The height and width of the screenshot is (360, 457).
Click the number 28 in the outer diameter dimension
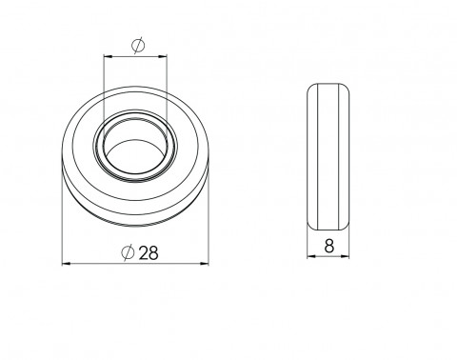(x=149, y=253)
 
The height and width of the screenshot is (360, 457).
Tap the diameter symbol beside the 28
(x=129, y=252)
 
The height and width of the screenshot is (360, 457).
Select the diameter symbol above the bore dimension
(x=138, y=46)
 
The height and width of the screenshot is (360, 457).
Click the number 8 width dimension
(x=329, y=246)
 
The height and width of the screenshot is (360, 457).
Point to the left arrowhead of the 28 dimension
(x=67, y=264)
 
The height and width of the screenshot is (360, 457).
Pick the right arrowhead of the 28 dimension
(x=205, y=264)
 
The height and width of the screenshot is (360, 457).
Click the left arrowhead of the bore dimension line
(x=109, y=57)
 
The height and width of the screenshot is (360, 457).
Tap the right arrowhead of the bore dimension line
(x=163, y=57)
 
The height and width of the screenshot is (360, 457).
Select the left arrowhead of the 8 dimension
(x=311, y=256)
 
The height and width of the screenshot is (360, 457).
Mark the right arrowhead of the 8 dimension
(x=345, y=256)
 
